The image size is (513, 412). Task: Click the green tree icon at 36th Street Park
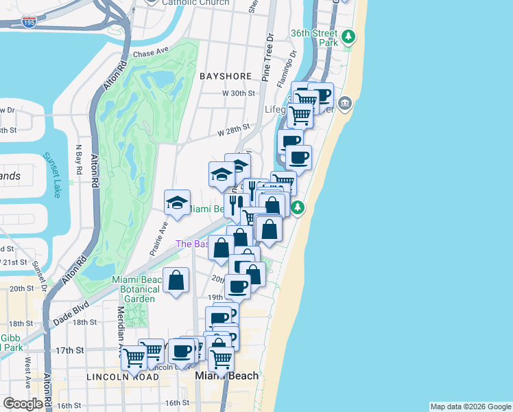click(x=348, y=36)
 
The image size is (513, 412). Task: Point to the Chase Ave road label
click(x=151, y=53)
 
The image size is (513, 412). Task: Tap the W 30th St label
click(x=238, y=93)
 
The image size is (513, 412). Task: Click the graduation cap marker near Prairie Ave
click(x=177, y=203)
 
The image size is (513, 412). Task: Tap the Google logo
click(x=23, y=404)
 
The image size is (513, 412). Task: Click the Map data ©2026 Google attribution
click(x=470, y=407)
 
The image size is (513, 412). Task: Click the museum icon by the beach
click(x=344, y=104)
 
